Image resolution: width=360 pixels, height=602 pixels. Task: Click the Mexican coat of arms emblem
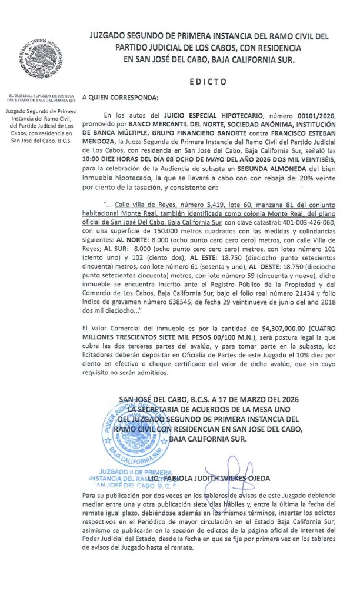pos(39,59)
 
